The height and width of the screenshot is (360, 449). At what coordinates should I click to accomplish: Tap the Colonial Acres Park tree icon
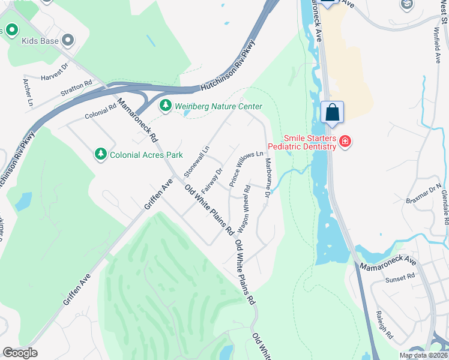(101, 155)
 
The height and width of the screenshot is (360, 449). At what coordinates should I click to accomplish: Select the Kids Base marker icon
(68, 41)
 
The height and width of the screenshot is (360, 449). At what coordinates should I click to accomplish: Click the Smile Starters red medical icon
(345, 142)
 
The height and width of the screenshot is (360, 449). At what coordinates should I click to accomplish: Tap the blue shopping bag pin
(332, 112)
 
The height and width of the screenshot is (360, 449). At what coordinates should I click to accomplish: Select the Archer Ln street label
(27, 92)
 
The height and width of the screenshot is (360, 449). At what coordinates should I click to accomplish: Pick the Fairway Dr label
(212, 179)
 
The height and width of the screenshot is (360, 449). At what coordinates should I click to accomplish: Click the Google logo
(20, 352)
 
